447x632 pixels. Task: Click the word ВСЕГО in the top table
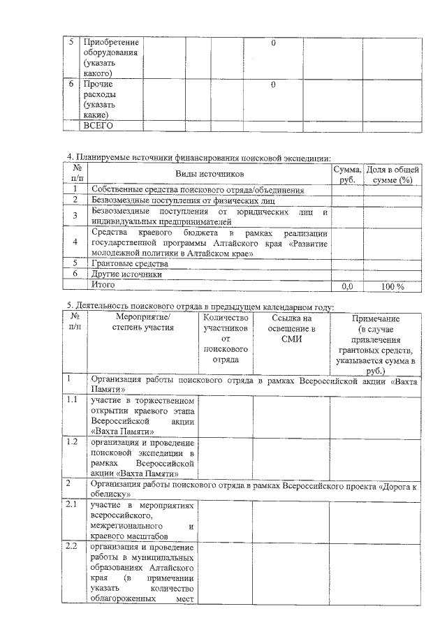[98, 126]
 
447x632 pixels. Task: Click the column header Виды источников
[209, 173]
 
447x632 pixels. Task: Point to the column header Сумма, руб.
[346, 174]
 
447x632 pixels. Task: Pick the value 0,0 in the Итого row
[346, 286]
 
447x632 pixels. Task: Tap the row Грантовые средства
[130, 264]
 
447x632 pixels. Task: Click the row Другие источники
[126, 274]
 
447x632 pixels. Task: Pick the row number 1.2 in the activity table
[71, 442]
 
